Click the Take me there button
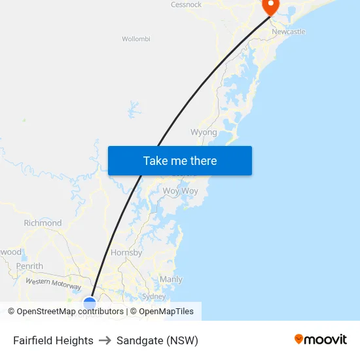pos(179,161)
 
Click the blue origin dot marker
pos(90,302)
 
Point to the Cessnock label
pos(186,5)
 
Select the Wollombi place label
pos(136,39)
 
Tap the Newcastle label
pos(289,31)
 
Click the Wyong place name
pos(204,132)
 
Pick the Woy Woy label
pos(180,191)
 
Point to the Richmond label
pos(43,223)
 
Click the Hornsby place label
pos(127,253)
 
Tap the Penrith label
pos(29,266)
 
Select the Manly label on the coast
pos(171,279)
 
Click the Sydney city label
pos(154,297)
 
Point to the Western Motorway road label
pos(53,284)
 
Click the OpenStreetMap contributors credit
pos(65,312)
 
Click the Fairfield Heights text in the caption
pos(53,340)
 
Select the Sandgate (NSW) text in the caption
pos(157,340)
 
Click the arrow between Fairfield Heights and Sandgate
pos(105,340)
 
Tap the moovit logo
pos(321,339)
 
